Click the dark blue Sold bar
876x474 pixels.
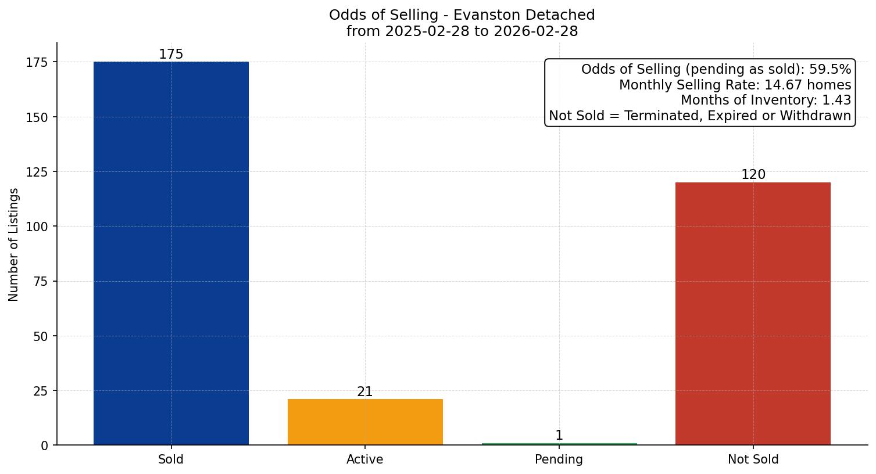(x=171, y=253)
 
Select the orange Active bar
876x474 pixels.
(x=365, y=422)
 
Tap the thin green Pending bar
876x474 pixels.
(x=559, y=444)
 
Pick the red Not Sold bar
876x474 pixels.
(x=753, y=314)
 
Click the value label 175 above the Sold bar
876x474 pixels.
(x=171, y=55)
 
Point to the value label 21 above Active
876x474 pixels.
(x=365, y=392)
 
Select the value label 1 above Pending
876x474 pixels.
(x=559, y=436)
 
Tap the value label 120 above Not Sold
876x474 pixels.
(x=753, y=175)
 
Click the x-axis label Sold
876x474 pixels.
(x=171, y=459)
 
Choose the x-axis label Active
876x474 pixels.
(x=365, y=459)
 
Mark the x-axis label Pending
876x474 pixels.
(x=559, y=459)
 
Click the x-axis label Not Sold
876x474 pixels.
(x=753, y=459)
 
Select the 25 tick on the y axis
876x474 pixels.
(x=41, y=391)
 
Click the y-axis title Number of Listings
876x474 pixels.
(x=14, y=244)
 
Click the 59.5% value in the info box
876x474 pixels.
(x=830, y=70)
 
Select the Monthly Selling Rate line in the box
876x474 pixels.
(x=735, y=85)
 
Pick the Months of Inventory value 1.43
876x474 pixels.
(x=836, y=100)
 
